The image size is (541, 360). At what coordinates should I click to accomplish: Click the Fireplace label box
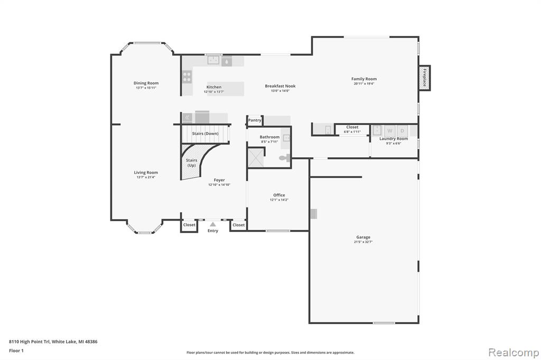(425, 78)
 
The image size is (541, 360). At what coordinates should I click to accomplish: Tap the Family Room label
(364, 79)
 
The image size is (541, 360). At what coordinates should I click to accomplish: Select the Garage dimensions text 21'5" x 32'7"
(363, 242)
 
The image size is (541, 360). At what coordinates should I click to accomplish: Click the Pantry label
(255, 120)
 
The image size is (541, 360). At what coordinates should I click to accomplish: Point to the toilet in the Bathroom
(285, 158)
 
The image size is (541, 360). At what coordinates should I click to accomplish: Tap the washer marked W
(390, 131)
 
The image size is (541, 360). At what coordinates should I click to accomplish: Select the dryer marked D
(402, 131)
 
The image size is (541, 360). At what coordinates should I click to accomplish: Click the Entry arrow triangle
(213, 224)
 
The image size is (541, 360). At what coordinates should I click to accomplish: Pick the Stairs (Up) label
(191, 163)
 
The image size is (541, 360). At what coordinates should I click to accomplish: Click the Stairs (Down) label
(206, 134)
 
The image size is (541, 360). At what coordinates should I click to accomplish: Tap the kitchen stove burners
(187, 77)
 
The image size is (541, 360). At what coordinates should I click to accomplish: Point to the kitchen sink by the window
(213, 60)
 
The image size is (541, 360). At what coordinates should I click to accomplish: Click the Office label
(279, 195)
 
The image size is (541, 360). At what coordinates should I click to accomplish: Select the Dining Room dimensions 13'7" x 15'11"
(146, 88)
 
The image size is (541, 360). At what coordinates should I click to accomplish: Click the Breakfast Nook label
(280, 86)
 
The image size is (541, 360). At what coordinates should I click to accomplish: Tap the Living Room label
(146, 173)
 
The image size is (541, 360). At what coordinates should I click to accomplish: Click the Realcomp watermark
(514, 353)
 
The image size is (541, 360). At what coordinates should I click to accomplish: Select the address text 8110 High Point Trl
(30, 342)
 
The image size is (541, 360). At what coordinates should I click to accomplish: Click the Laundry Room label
(394, 139)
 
